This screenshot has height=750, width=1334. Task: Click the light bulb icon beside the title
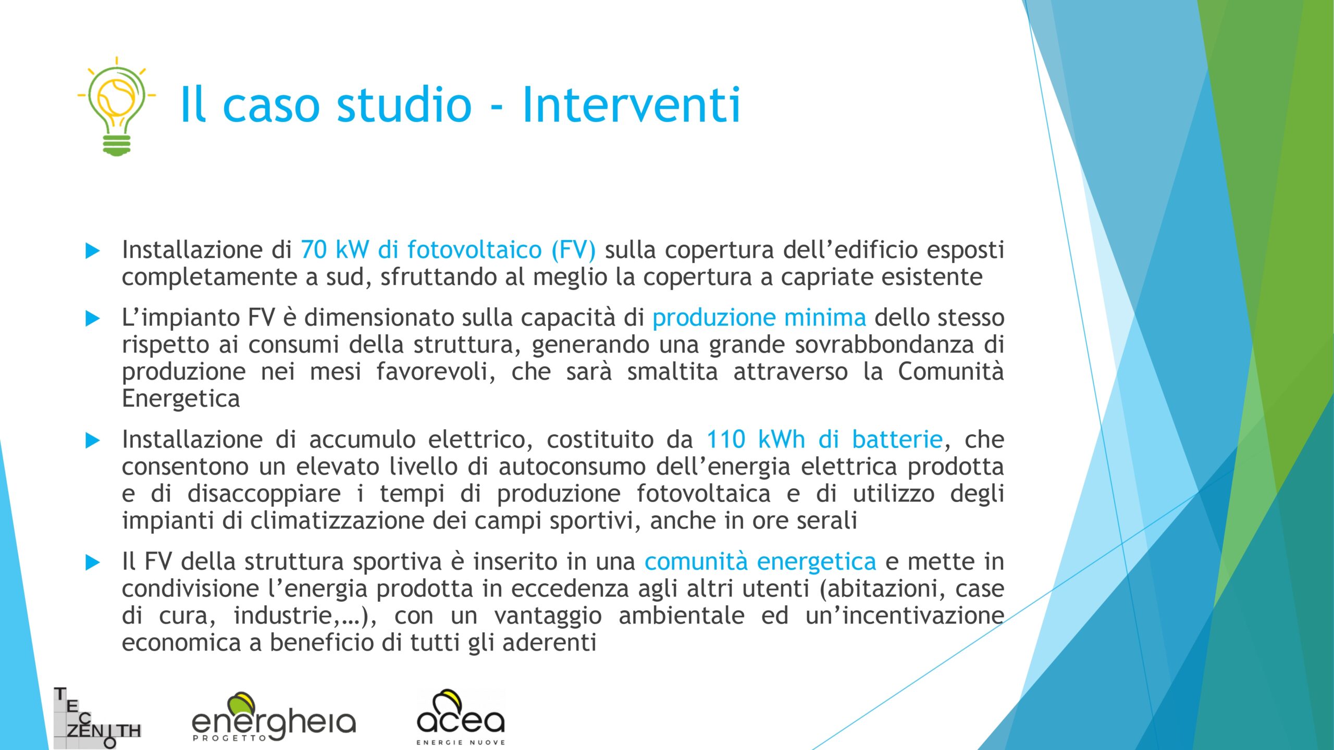117,106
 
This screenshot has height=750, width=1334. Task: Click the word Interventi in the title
631,105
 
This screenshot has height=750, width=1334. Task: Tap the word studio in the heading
404,104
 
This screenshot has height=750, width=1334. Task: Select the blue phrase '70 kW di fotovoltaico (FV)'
448,249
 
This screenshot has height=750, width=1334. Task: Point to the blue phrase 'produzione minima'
759,317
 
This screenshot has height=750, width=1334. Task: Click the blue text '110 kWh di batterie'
824,439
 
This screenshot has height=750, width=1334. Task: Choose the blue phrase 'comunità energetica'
760,561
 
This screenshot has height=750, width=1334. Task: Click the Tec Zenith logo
97,718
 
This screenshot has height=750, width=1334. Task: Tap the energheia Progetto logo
274,717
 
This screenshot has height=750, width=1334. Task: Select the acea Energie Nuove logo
461,717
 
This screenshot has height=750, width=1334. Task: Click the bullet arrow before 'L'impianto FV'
93,318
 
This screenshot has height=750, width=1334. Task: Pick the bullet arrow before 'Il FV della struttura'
93,562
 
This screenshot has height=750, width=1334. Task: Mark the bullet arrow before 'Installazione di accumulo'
93,441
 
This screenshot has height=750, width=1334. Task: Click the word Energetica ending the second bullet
181,399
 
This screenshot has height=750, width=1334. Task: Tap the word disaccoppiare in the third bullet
264,494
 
